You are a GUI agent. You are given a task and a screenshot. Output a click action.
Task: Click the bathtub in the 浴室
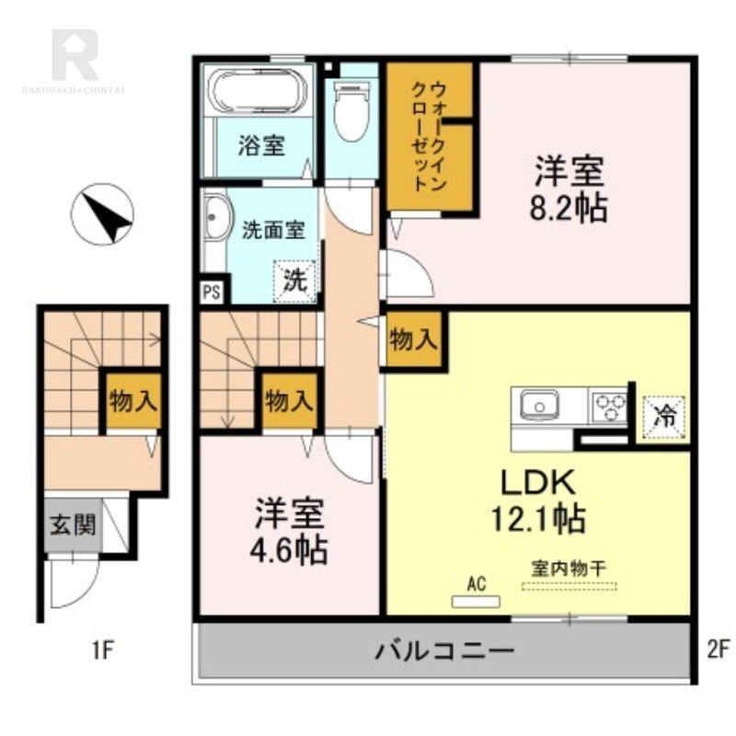(x=258, y=91)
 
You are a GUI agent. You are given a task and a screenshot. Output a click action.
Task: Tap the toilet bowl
(x=351, y=110)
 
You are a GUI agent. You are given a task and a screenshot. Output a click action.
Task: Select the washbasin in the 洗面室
(x=217, y=217)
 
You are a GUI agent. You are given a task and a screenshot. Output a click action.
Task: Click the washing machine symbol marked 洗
(x=294, y=281)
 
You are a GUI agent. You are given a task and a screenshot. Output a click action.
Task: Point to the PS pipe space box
(x=212, y=292)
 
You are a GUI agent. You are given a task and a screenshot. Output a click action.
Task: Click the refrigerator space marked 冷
(x=664, y=418)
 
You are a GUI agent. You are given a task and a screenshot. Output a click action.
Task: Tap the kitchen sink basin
(x=539, y=405)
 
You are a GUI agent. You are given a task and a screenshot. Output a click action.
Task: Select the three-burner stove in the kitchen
(x=609, y=408)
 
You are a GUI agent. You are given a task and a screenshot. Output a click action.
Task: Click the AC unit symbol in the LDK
(x=476, y=602)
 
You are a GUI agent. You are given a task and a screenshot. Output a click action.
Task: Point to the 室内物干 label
(x=569, y=569)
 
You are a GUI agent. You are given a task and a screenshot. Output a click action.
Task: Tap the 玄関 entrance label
(x=74, y=523)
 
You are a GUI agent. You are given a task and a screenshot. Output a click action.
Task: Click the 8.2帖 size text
(x=569, y=208)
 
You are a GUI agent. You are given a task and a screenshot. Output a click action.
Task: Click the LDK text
(x=538, y=482)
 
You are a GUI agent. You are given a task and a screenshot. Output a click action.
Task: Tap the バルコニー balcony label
(x=444, y=650)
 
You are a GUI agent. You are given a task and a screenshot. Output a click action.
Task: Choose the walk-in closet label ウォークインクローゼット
(x=429, y=136)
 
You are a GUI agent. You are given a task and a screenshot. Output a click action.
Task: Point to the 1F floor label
(x=103, y=650)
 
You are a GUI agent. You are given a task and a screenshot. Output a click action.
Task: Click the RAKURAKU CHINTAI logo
(x=74, y=61)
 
